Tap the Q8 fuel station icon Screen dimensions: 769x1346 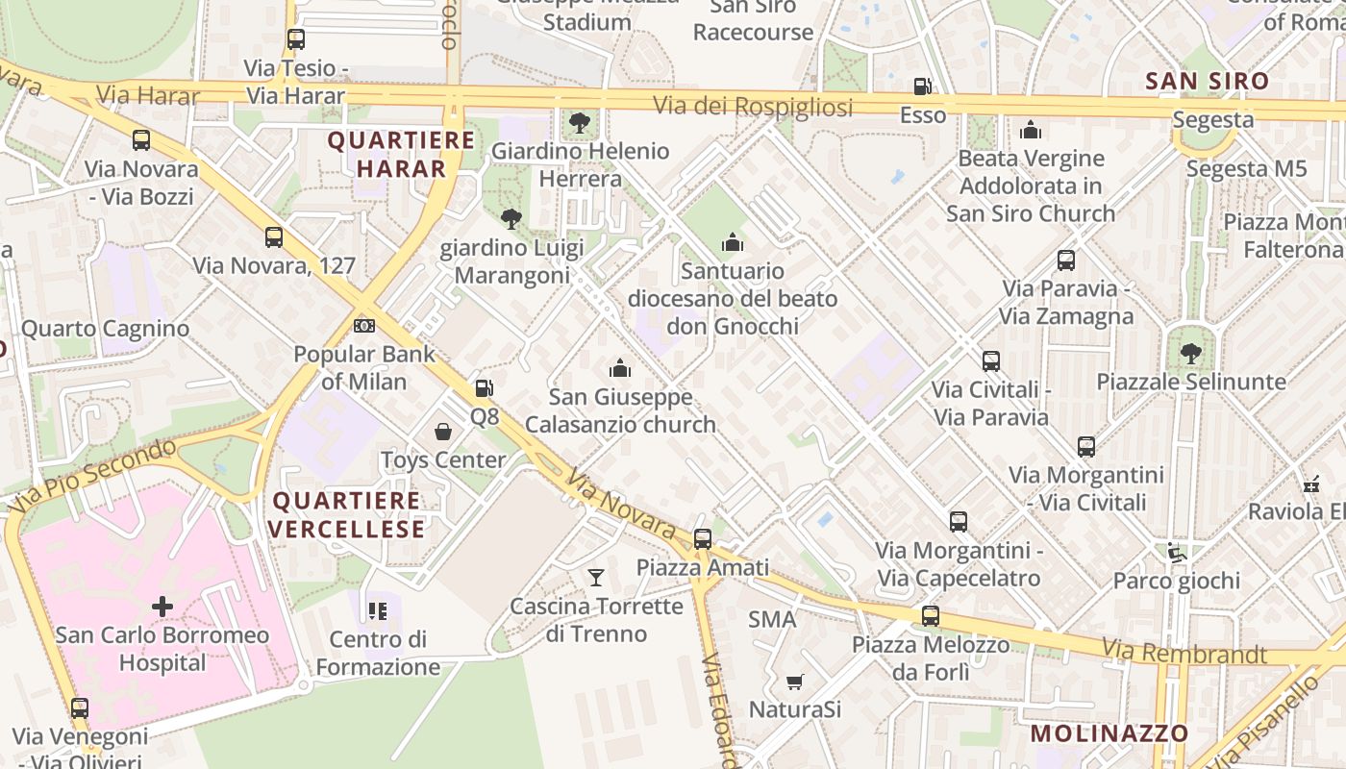tap(485, 388)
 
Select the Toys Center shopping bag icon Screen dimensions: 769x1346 tap(443, 432)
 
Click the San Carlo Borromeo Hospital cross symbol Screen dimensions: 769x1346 tap(162, 607)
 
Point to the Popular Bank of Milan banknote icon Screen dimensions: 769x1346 tap(364, 326)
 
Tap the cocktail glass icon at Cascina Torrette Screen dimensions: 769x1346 tap(596, 578)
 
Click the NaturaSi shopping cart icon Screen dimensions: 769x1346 tap(795, 682)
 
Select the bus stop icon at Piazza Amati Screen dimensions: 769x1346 tap(703, 539)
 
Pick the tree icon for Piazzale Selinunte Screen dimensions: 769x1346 tap(1191, 354)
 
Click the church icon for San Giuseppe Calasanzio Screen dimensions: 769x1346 tap(620, 368)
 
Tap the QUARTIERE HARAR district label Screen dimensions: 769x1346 tap(401, 155)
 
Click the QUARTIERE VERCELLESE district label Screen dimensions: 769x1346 tap(346, 515)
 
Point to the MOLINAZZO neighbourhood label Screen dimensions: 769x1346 tap(1109, 733)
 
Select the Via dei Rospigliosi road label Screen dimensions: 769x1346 tap(753, 107)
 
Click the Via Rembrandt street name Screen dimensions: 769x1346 tap(1184, 653)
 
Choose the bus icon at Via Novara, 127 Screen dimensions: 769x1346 tap(274, 237)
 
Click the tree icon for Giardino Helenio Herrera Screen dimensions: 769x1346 tap(579, 123)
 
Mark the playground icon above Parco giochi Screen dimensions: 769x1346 tap(1176, 553)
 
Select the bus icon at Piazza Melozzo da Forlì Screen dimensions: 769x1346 tap(930, 616)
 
